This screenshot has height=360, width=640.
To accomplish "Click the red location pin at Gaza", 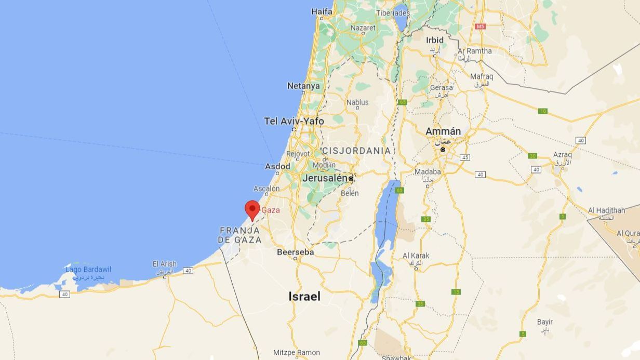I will tap(252, 209).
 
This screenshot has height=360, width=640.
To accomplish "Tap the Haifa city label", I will tap(322, 11).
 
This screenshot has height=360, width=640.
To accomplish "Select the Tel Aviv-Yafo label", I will tap(294, 121).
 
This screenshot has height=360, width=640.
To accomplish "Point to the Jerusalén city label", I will tap(325, 178).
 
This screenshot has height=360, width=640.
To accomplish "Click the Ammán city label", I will tap(443, 131).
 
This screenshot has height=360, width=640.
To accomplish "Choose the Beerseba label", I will tap(295, 252).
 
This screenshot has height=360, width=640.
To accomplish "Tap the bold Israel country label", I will tap(304, 297).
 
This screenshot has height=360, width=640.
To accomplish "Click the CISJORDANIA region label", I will tap(356, 151).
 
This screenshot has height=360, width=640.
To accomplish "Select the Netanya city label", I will tap(303, 86).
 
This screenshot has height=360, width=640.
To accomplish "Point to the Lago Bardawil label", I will tap(88, 270).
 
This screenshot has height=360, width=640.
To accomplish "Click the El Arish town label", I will tap(165, 264).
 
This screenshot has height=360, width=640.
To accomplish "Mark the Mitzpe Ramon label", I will tap(297, 353).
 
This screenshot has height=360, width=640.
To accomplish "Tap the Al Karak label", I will tap(416, 256).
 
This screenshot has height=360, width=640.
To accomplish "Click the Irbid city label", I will tap(435, 40).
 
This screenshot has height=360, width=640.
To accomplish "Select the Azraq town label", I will tap(562, 155).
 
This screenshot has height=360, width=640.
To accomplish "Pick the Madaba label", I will tap(428, 172).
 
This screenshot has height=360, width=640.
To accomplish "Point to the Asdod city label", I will tap(278, 166).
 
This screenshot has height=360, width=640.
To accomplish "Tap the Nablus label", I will tap(357, 102).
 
